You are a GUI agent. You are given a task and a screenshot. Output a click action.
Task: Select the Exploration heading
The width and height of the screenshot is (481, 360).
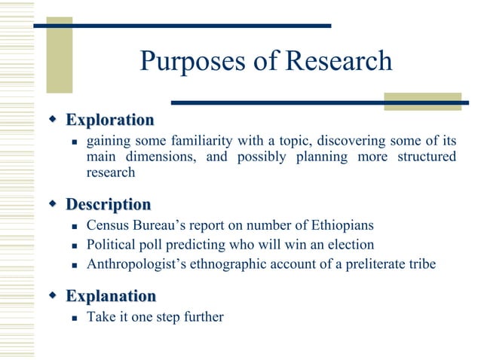[109, 120]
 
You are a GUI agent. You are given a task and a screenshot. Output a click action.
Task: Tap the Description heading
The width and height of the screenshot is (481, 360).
[108, 204]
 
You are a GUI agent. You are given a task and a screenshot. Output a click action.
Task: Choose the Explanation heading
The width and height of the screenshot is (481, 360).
[111, 295]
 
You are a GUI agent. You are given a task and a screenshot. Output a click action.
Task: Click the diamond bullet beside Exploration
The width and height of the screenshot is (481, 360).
[53, 119]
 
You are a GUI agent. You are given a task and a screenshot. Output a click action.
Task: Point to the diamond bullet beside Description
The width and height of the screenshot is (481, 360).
[53, 203]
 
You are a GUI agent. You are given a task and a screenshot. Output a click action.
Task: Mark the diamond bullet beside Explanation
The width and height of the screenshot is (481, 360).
[53, 294]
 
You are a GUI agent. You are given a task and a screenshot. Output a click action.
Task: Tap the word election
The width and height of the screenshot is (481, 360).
[349, 245]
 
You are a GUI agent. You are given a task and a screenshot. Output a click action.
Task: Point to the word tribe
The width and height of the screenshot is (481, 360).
[421, 264]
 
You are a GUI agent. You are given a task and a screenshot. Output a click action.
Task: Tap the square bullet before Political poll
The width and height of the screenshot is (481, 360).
[74, 246]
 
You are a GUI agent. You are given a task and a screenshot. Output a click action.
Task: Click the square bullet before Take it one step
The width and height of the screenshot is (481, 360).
[74, 317]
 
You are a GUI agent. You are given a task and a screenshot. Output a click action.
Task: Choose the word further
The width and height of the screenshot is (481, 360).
[202, 316]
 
